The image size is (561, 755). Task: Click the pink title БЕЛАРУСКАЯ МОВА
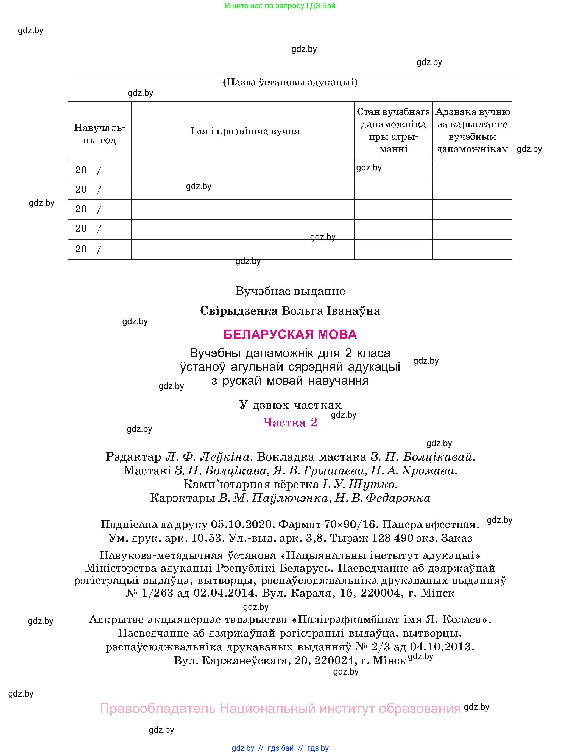click(290, 334)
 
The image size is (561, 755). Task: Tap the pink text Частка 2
click(290, 422)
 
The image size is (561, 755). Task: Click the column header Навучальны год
click(99, 134)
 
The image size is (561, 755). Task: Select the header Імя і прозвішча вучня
click(245, 131)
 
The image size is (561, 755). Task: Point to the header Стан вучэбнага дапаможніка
click(393, 130)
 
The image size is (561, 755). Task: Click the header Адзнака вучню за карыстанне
click(472, 130)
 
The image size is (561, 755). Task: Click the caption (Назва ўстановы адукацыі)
click(290, 82)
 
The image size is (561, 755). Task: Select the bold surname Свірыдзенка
click(239, 311)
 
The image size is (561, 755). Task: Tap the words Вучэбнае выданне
click(290, 291)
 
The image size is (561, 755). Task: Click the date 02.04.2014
click(224, 593)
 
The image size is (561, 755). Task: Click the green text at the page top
click(280, 6)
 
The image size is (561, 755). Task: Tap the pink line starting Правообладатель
click(280, 709)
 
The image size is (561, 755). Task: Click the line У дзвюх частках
click(290, 405)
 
